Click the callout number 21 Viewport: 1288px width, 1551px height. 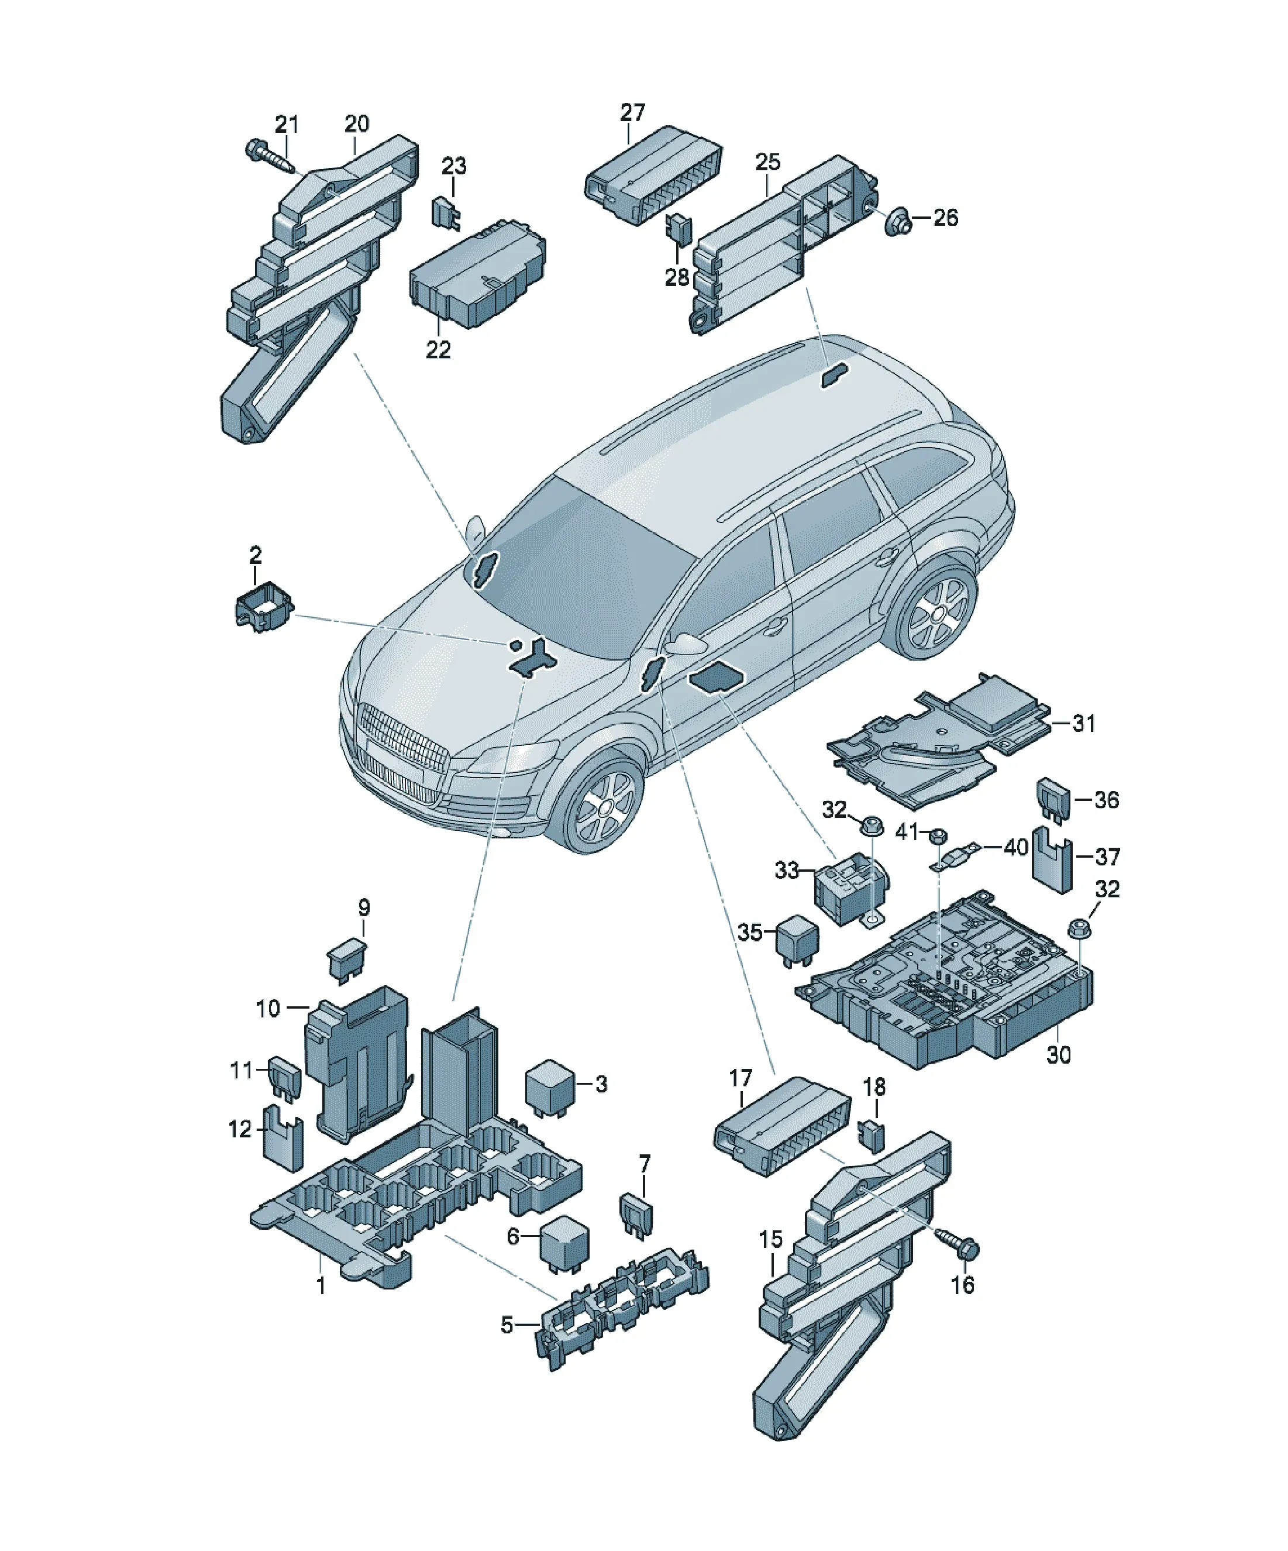click(x=287, y=124)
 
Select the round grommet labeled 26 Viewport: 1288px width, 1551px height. click(x=898, y=220)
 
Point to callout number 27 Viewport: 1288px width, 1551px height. click(x=632, y=112)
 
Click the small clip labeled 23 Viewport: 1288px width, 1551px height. click(x=446, y=214)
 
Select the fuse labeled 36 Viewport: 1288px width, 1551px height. click(x=1054, y=800)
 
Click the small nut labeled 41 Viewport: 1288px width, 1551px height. click(x=936, y=837)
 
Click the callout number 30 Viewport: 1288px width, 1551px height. click(x=1058, y=1054)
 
